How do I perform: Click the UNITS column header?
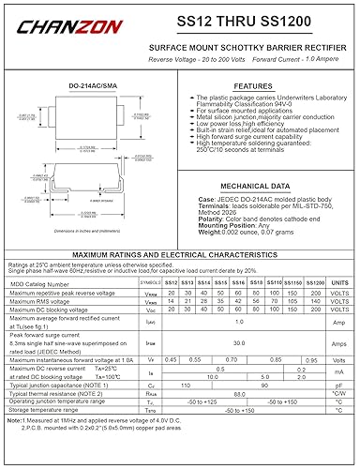(x=339, y=281)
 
